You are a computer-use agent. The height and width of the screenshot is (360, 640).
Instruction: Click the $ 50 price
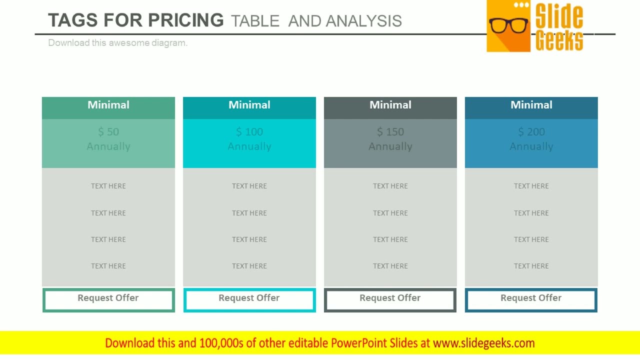point(108,132)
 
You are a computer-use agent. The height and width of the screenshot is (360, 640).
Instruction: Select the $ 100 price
point(249,132)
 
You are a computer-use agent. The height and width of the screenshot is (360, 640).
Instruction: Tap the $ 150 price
point(390,132)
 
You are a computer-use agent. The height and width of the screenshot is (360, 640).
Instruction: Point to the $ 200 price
point(531,132)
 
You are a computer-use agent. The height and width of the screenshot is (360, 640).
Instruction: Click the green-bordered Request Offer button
point(108,300)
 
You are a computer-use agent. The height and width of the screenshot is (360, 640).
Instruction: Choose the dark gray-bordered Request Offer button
point(390,300)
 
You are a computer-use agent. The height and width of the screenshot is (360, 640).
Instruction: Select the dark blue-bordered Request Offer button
point(531,300)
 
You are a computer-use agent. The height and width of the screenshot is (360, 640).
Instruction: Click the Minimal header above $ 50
point(108,105)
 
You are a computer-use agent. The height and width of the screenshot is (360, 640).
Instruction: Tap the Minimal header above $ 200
point(531,105)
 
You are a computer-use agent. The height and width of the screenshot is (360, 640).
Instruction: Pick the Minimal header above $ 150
point(390,105)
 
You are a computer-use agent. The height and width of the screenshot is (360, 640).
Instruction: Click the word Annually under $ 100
point(249,146)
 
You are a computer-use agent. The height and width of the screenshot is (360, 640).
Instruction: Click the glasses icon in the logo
point(508,24)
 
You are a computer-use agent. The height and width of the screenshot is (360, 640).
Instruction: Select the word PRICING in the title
point(185,20)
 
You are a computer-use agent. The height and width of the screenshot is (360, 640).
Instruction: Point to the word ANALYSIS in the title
point(364,21)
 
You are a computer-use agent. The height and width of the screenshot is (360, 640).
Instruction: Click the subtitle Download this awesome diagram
point(117,43)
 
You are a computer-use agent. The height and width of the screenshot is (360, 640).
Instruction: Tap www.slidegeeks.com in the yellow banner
point(483,343)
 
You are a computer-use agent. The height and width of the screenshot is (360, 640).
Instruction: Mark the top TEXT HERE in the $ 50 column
point(108,186)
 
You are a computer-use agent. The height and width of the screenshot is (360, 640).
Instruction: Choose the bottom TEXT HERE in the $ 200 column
point(531,266)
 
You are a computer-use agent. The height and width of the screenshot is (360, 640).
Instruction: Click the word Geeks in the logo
point(559,40)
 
